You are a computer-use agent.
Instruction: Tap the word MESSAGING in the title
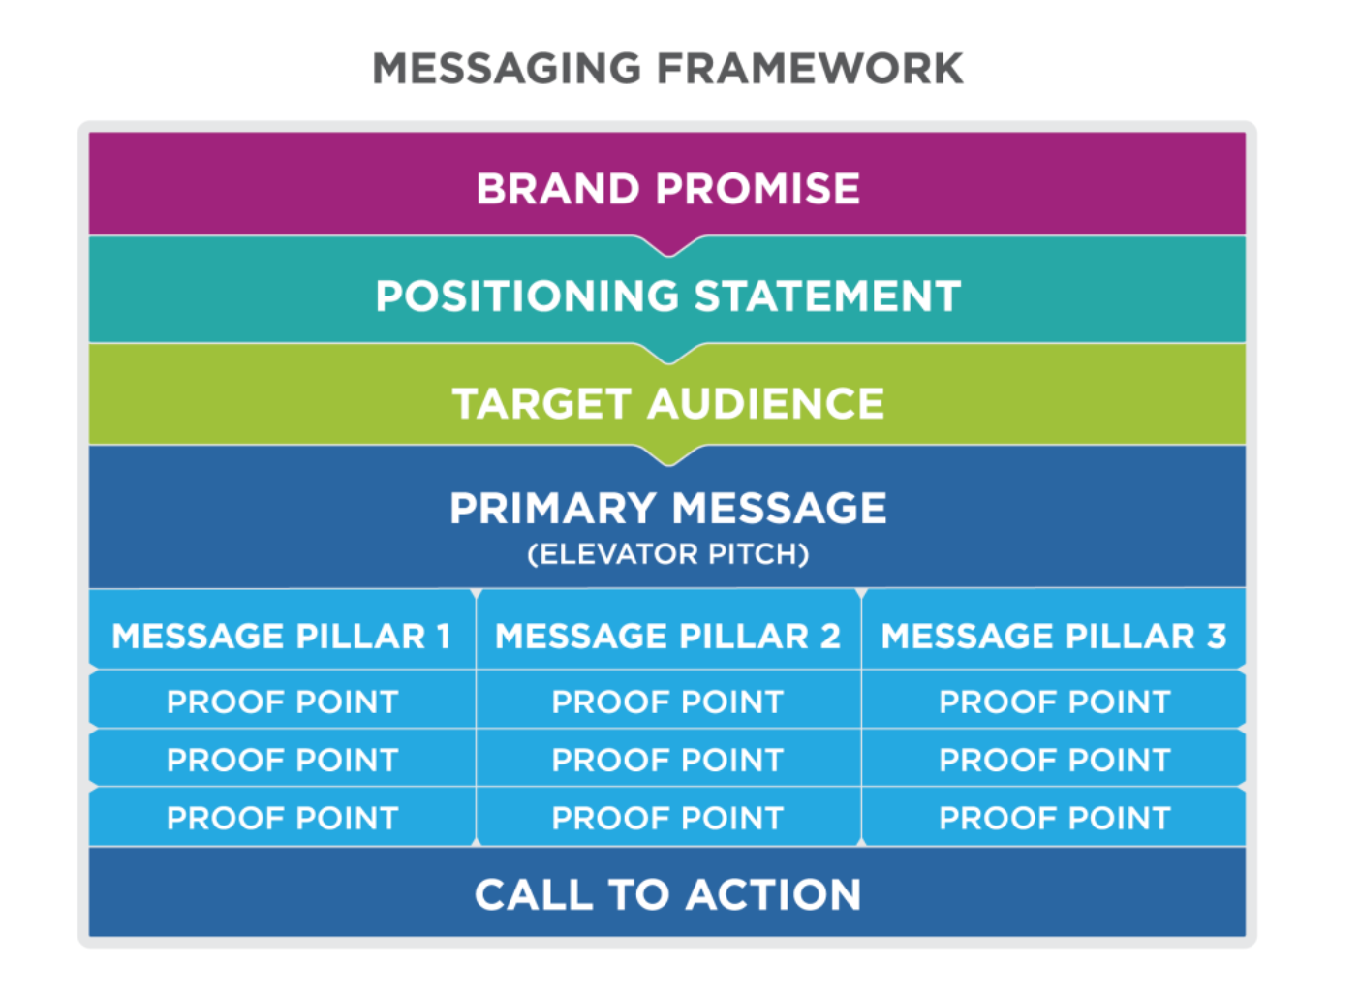507,68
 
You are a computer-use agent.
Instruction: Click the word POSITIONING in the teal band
526,296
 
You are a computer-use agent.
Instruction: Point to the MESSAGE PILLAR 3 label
1054,637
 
